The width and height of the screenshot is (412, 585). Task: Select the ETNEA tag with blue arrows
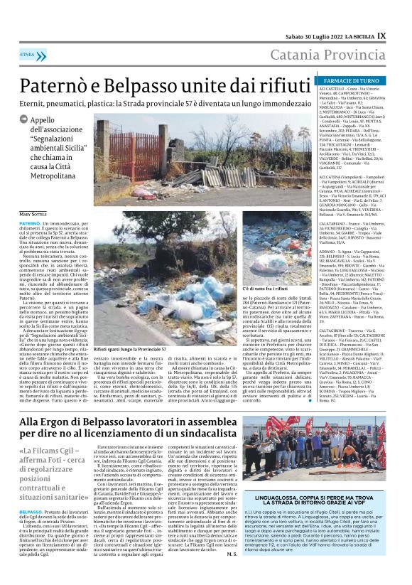(28, 54)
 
